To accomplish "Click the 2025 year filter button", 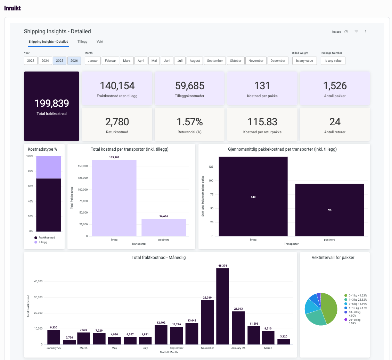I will tap(60, 61).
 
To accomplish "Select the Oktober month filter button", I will tap(236, 61).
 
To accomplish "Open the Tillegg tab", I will tap(82, 42).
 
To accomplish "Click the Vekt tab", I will tap(100, 42).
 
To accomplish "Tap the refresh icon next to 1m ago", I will tap(346, 32).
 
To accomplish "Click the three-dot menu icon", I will tap(365, 32).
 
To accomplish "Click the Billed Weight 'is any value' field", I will tap(304, 61).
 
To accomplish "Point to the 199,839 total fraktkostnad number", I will tap(51, 103).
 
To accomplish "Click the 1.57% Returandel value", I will tap(189, 122).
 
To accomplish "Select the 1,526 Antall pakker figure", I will tap(334, 86).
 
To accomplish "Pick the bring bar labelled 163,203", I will tap(114, 198).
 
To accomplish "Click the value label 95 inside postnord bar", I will tap(329, 210).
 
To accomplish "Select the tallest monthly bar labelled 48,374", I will tap(222, 306).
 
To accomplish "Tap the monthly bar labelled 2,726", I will tap(70, 342).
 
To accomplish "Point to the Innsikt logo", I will tap(13, 8).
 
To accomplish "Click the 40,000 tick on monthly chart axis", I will tap(37, 282).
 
